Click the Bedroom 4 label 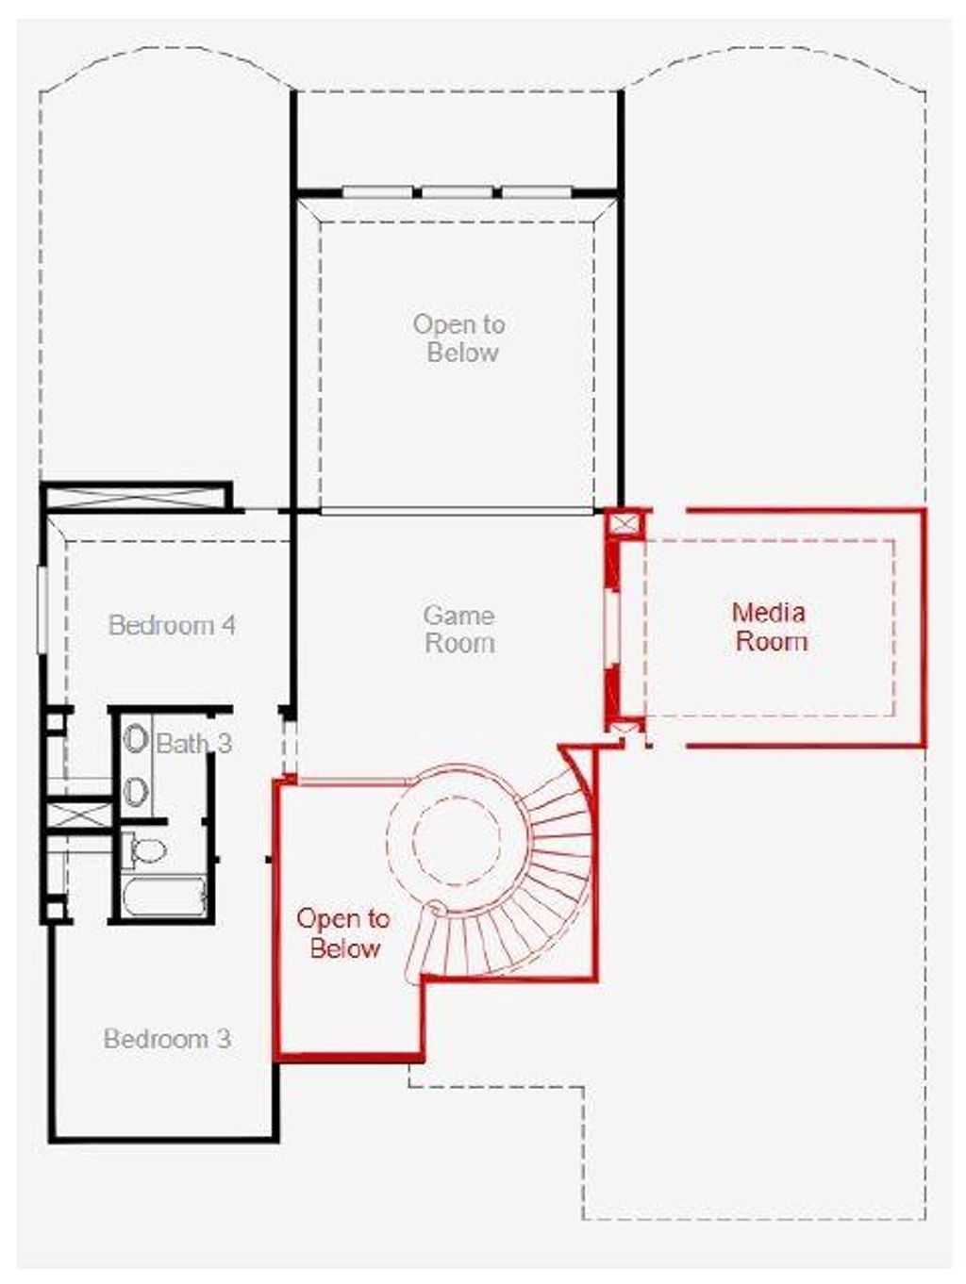[x=172, y=625]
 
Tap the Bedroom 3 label [x=167, y=1039]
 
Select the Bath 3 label [x=193, y=744]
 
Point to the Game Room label [x=459, y=629]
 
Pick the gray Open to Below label [x=460, y=337]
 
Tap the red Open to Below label [x=343, y=933]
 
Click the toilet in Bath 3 [x=147, y=850]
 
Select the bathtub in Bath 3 [x=164, y=897]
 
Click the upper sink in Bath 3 [x=137, y=738]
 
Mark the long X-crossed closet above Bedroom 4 [x=138, y=497]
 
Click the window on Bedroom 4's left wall [x=42, y=608]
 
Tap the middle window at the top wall [x=457, y=192]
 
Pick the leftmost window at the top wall [x=377, y=192]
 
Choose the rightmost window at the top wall [x=536, y=192]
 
